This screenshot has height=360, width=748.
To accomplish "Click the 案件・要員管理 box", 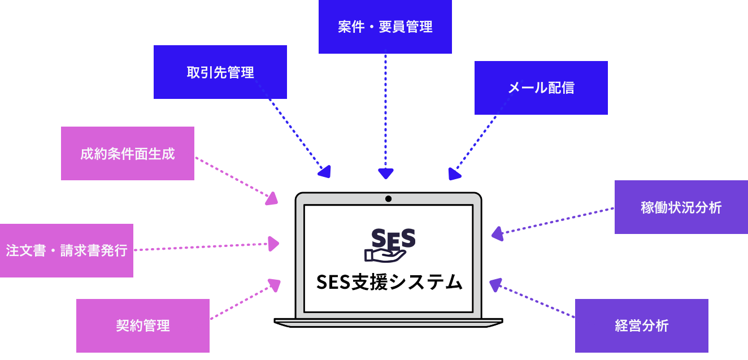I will [x=385, y=27].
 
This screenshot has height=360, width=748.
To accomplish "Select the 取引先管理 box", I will [x=220, y=72].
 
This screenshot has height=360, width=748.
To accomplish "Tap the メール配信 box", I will [x=541, y=88].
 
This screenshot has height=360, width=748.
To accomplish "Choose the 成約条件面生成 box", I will [x=127, y=153].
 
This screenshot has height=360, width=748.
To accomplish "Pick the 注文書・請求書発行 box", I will [x=66, y=250].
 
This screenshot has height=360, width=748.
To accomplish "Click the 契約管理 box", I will [x=142, y=326].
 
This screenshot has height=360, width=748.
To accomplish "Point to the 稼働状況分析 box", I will [x=681, y=207].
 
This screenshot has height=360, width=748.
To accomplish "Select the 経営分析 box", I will [x=641, y=326].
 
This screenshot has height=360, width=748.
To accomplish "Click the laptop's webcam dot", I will [x=388, y=198].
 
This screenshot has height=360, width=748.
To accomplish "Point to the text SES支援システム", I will [x=389, y=281].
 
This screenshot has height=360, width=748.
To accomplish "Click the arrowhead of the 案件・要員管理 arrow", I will [x=385, y=174].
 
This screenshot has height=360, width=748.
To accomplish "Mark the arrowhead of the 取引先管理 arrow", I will [x=324, y=171].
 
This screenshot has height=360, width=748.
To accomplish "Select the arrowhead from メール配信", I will [x=454, y=174].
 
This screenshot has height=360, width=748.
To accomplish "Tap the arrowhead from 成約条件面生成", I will [x=272, y=198].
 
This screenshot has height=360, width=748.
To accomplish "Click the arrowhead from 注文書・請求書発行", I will [x=274, y=244].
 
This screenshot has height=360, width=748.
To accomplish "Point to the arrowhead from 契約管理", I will [x=275, y=285].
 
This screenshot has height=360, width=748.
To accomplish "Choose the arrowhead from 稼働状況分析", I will [x=497, y=233].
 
